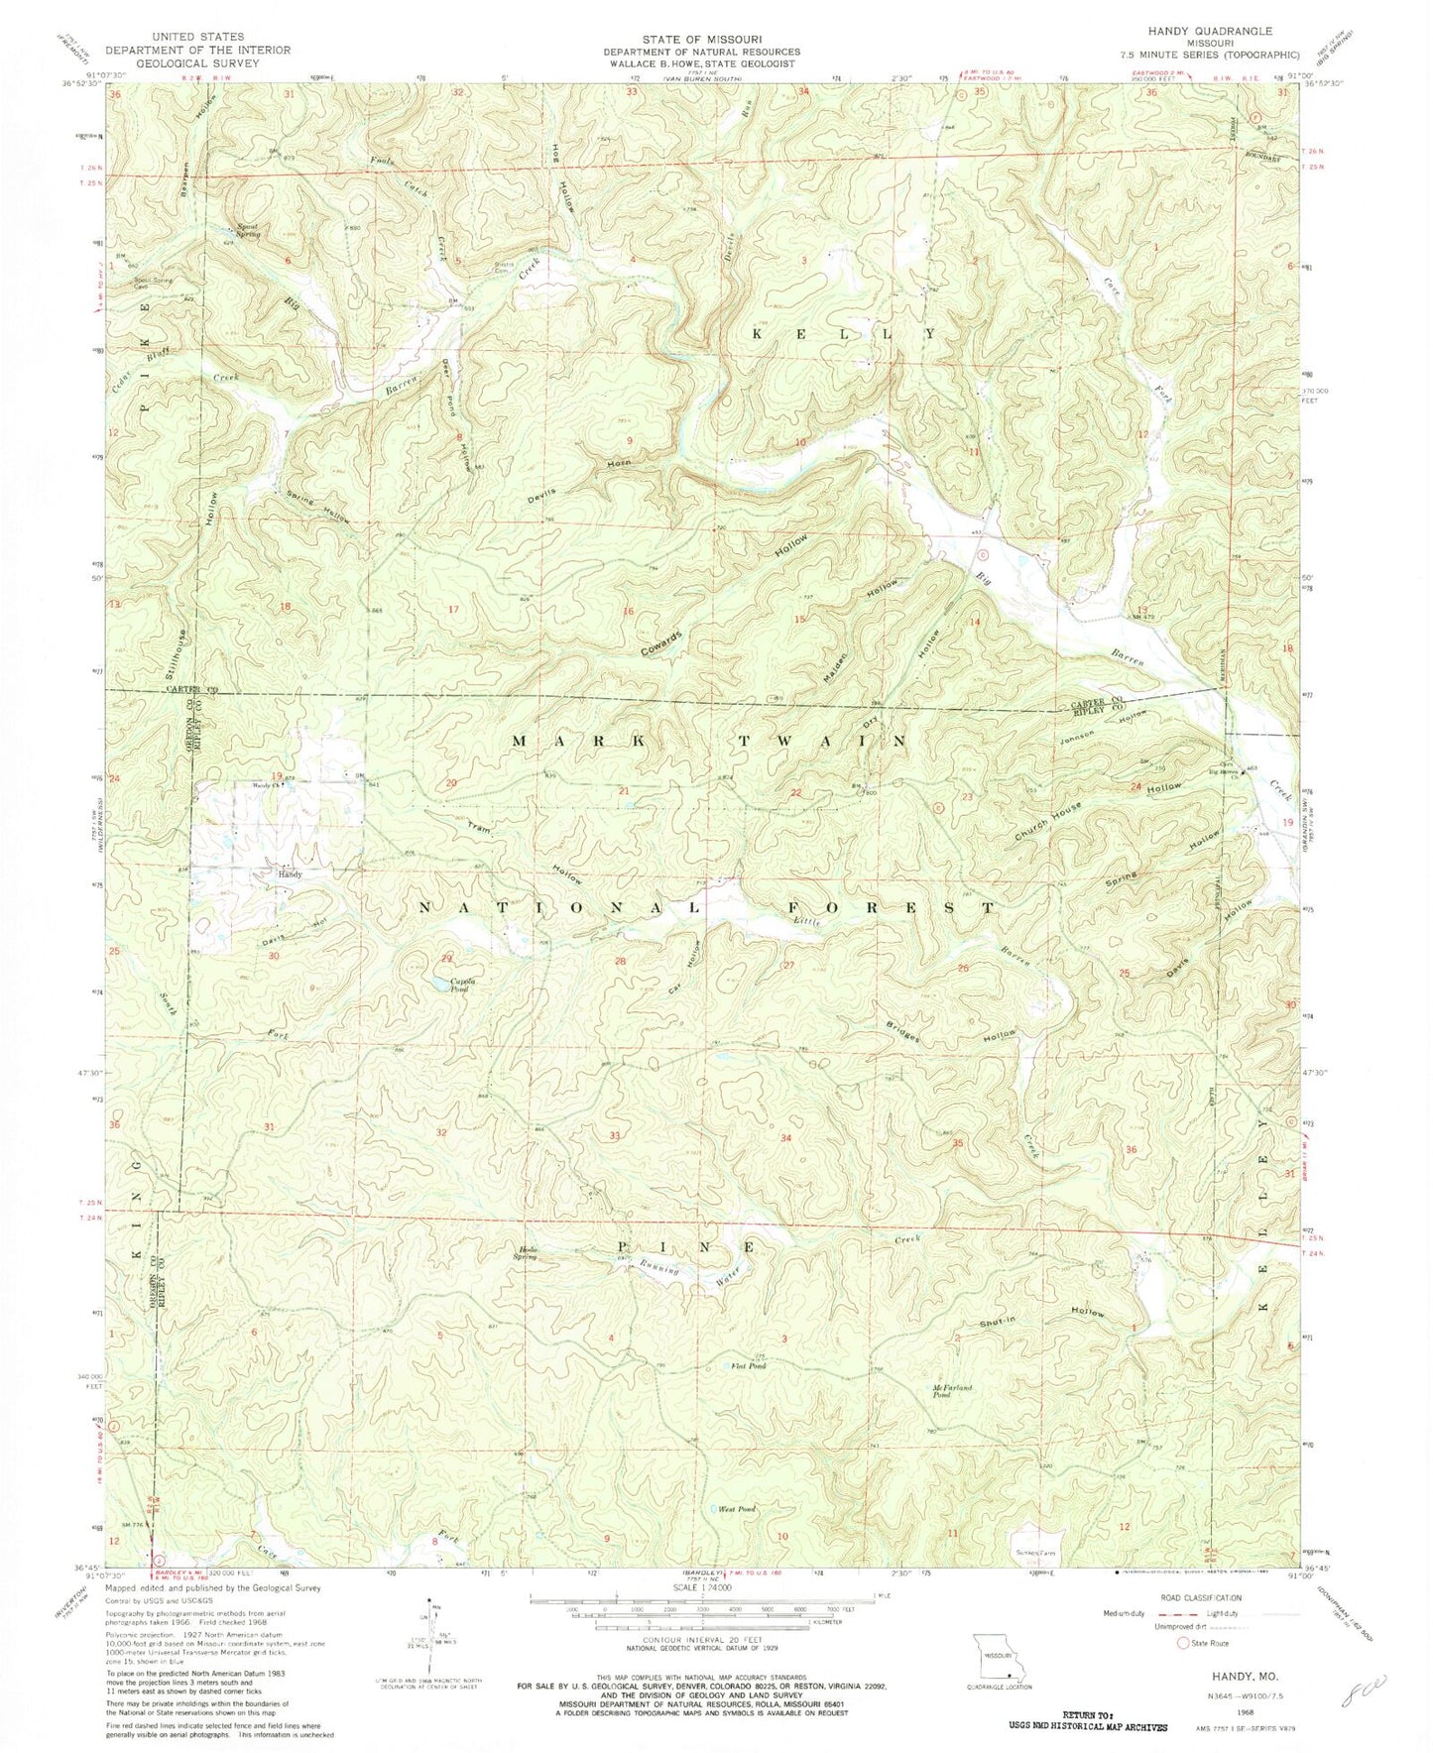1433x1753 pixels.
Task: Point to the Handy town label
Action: point(290,875)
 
